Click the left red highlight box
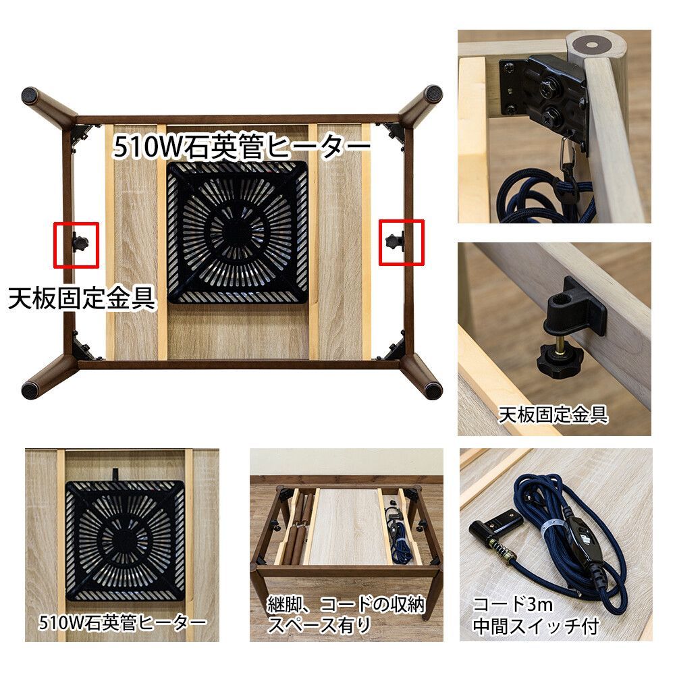tap(76, 244)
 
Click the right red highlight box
tap(401, 241)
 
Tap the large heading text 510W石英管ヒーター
tap(242, 146)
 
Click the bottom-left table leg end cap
tap(31, 389)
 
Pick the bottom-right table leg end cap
tap(432, 389)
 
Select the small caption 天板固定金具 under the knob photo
tap(553, 414)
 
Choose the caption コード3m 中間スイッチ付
tap(535, 614)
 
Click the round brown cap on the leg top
tap(592, 45)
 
